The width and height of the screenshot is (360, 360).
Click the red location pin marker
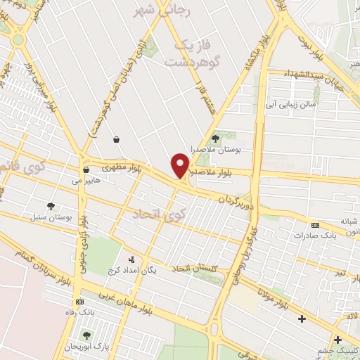coord(181,166)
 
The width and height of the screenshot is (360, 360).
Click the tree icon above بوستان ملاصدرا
coord(215,138)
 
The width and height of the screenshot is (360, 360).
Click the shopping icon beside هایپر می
coord(86,169)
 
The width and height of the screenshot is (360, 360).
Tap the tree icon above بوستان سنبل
coord(51,206)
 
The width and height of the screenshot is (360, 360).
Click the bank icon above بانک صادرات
coord(314,225)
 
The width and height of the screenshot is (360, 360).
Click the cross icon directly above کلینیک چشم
coord(339,337)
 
